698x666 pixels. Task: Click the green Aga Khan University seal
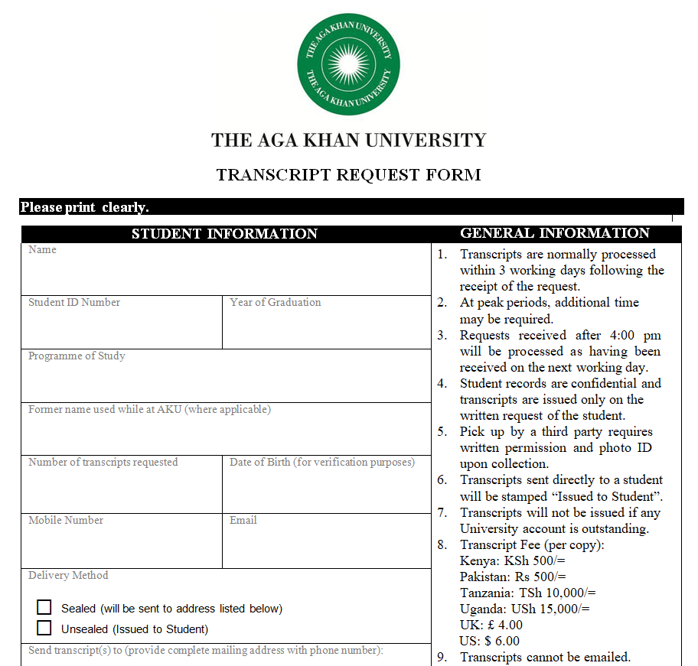click(x=348, y=65)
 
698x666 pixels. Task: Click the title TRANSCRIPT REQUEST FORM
click(x=348, y=175)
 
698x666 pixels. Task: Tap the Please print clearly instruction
click(x=84, y=207)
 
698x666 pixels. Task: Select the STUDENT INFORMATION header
click(x=224, y=234)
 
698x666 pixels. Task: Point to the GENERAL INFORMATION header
click(x=555, y=233)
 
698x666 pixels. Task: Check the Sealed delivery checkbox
click(x=44, y=608)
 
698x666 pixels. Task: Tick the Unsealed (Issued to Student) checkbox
click(x=44, y=629)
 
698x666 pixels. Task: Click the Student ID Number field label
click(x=74, y=302)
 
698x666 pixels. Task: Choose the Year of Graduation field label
click(x=276, y=302)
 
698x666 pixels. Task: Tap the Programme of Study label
click(x=77, y=356)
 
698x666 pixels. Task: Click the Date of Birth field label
click(x=321, y=462)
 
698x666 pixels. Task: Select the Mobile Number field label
click(x=66, y=520)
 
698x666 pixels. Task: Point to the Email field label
click(x=243, y=520)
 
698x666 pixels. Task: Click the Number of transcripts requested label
click(x=103, y=462)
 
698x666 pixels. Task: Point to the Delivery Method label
click(x=68, y=575)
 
